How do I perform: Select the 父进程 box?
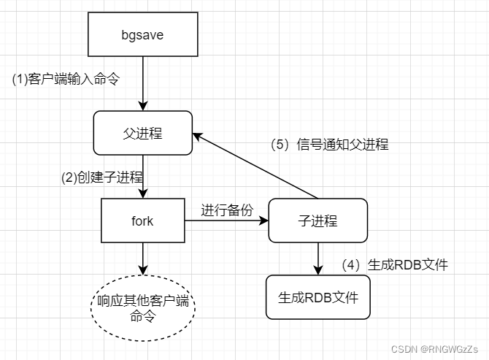pos(142,134)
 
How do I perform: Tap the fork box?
pos(142,220)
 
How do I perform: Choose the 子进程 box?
pos(317,220)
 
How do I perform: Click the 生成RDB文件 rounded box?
pos(317,297)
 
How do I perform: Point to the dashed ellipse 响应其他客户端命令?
pos(142,307)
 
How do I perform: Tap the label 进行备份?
pos(227,210)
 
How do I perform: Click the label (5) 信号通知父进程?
pos(329,144)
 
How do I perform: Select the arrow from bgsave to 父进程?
pos(142,84)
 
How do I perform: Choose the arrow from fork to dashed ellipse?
pos(142,258)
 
